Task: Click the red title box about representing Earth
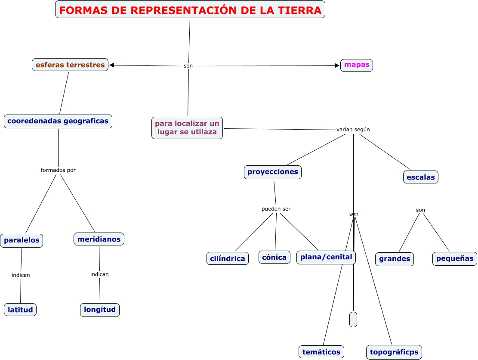pos(190,10)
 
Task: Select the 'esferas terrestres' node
pos(70,65)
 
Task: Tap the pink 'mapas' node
pos(357,65)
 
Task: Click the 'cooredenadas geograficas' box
pos(58,121)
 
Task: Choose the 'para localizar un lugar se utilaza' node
pos(187,128)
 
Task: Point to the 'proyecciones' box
pos(273,172)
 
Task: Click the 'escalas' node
pos(421,177)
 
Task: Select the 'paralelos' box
pos(22,241)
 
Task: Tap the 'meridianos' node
pos(99,239)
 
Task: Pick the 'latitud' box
pos(20,310)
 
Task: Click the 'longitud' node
pos(100,310)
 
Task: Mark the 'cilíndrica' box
pos(228,258)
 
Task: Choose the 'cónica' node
pos(274,257)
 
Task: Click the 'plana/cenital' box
pos(326,257)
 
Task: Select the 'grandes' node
pos(395,259)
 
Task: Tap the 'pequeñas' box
pos(455,259)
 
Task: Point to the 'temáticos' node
pos(321,352)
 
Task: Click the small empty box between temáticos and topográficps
pos(353,319)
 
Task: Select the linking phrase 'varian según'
pos(353,130)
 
